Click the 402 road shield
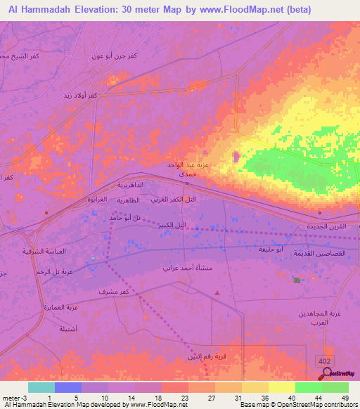coord(324,359)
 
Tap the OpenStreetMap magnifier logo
coord(328,372)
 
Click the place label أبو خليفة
coord(289,249)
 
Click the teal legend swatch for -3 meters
coord(41,387)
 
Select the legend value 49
coord(345,398)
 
